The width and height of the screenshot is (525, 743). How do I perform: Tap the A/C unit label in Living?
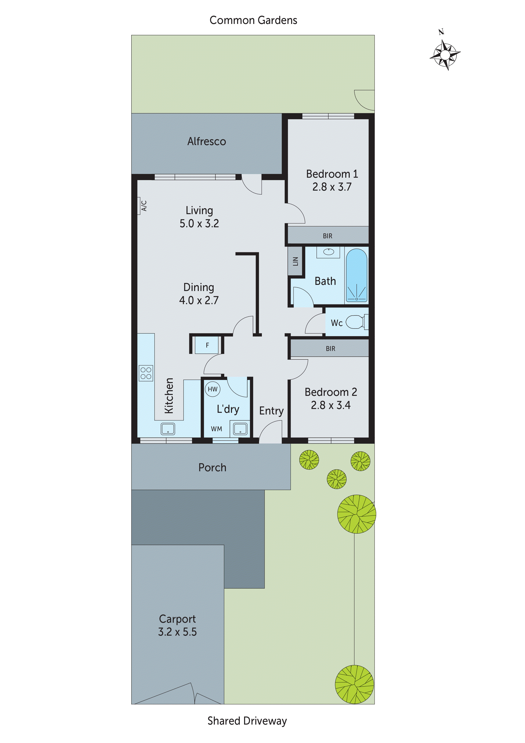coord(144,206)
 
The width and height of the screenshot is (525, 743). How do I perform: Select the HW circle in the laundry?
coord(213,389)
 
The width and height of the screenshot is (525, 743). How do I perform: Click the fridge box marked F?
coord(207,345)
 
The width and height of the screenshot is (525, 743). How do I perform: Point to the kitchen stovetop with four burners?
coord(146,373)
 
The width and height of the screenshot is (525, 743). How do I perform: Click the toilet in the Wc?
coord(356,322)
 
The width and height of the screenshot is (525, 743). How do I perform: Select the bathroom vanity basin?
coord(328,252)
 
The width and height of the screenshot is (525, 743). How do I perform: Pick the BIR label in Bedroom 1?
coord(327,236)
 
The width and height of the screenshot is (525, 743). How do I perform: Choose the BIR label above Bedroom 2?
coord(330,349)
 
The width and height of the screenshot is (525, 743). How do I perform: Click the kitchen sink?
coord(168,429)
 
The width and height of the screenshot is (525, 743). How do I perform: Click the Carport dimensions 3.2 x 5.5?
coord(177,632)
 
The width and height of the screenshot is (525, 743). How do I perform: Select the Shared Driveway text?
coord(247,721)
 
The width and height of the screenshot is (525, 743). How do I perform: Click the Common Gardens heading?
coord(253,20)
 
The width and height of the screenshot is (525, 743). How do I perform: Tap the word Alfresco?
coord(206,141)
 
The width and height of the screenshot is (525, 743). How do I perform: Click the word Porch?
coord(212,468)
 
